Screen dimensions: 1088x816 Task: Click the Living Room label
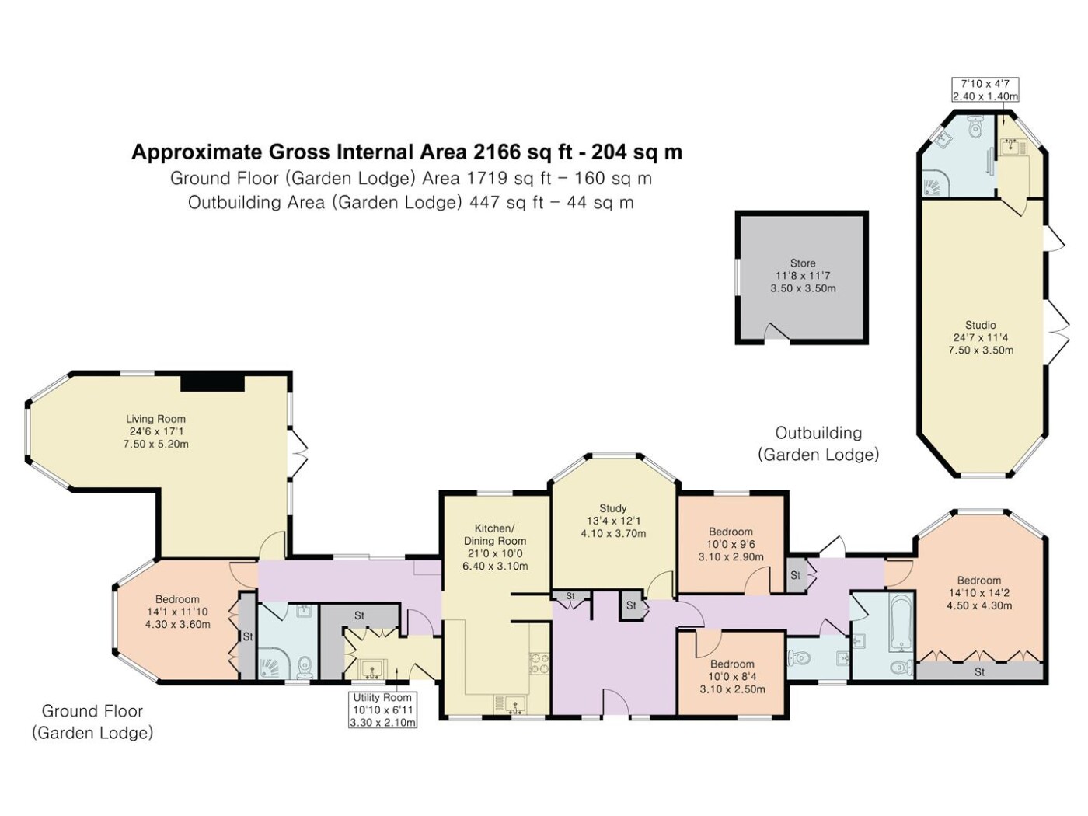tap(155, 419)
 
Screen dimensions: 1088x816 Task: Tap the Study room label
tap(612, 507)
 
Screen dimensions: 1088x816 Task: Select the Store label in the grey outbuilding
tap(803, 263)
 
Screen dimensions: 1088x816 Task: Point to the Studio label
tap(981, 325)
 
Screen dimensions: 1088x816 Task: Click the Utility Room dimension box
tap(382, 710)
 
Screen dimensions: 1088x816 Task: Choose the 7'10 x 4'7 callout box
tap(985, 89)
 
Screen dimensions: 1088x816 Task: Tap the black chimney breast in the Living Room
tap(212, 383)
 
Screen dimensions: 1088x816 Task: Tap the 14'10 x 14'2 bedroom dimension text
tap(979, 592)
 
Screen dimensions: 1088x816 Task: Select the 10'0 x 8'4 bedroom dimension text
tap(732, 676)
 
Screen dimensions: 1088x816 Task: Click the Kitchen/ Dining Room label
tap(494, 534)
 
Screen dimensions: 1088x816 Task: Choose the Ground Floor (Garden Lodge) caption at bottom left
tap(92, 722)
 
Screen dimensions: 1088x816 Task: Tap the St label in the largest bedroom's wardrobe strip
tap(979, 672)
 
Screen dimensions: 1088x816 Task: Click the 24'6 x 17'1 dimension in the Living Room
tap(156, 431)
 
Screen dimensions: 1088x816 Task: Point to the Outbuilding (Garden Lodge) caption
tap(818, 444)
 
